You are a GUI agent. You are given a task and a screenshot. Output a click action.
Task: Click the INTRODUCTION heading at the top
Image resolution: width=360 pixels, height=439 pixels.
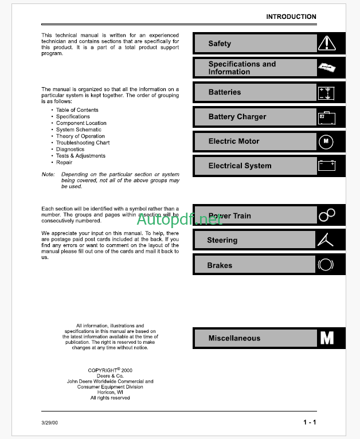(291, 17)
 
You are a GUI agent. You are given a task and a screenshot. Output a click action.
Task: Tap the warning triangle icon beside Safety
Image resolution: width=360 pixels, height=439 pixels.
(326, 44)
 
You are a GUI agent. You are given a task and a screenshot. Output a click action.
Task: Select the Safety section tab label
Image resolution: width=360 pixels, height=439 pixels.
(220, 44)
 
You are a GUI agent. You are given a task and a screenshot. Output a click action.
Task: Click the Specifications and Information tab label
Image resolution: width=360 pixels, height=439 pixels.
(242, 68)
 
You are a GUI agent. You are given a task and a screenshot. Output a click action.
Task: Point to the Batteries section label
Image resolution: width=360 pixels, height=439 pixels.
(225, 92)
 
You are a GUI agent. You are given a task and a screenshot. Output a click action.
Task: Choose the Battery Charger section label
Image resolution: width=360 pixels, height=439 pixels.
(237, 117)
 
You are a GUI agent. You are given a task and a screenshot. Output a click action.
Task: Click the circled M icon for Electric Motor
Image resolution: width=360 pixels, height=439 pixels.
(326, 141)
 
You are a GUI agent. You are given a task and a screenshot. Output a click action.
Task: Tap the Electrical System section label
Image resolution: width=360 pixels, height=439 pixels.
(240, 166)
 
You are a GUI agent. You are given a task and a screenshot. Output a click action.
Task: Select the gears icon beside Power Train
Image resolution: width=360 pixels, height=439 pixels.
(326, 215)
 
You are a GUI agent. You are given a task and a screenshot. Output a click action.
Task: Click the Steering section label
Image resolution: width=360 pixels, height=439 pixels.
(222, 240)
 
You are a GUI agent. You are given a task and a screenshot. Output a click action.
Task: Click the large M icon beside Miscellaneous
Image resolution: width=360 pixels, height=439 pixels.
(327, 338)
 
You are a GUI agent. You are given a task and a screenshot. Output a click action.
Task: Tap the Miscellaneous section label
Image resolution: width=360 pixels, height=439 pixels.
(234, 338)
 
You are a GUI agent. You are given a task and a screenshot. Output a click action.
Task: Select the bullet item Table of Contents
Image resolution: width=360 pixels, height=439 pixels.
(77, 110)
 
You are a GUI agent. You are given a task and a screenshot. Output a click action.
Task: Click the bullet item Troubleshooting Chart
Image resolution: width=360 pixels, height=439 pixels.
(83, 143)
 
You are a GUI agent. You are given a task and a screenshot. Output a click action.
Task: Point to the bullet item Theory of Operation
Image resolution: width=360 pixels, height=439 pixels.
(80, 136)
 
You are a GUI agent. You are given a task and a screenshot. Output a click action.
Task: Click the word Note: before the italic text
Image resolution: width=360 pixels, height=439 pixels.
(48, 174)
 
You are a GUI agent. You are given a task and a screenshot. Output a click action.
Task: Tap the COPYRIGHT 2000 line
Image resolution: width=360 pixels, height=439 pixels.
(109, 370)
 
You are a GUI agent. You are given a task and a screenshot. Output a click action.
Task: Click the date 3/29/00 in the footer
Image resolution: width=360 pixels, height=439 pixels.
(50, 423)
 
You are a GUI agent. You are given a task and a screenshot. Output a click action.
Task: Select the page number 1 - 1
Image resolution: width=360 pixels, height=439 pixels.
(310, 423)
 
